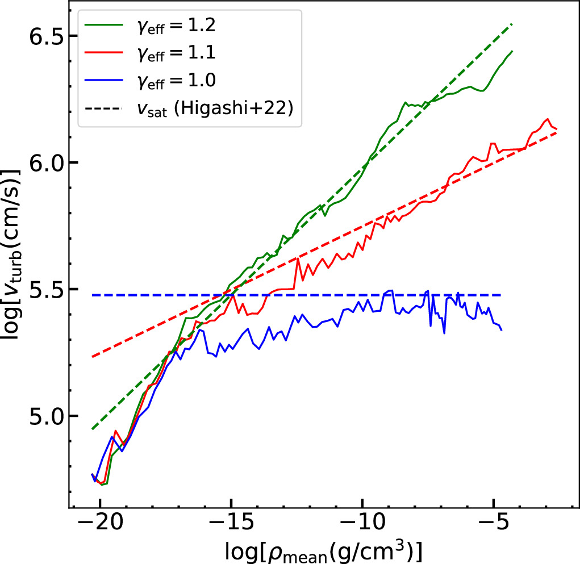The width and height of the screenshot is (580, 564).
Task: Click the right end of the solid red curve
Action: coord(557,129)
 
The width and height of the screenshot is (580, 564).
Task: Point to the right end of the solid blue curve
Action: coord(502,330)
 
